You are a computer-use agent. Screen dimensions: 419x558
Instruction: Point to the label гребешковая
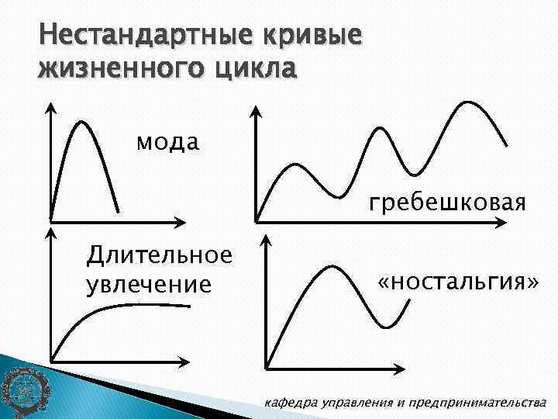pyautogui.click(x=447, y=203)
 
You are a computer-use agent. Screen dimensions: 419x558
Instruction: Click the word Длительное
pyautogui.click(x=159, y=254)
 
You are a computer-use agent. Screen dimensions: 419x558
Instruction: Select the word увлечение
pyautogui.click(x=148, y=284)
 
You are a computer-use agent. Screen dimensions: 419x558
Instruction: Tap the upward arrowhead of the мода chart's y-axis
pyautogui.click(x=50, y=107)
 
